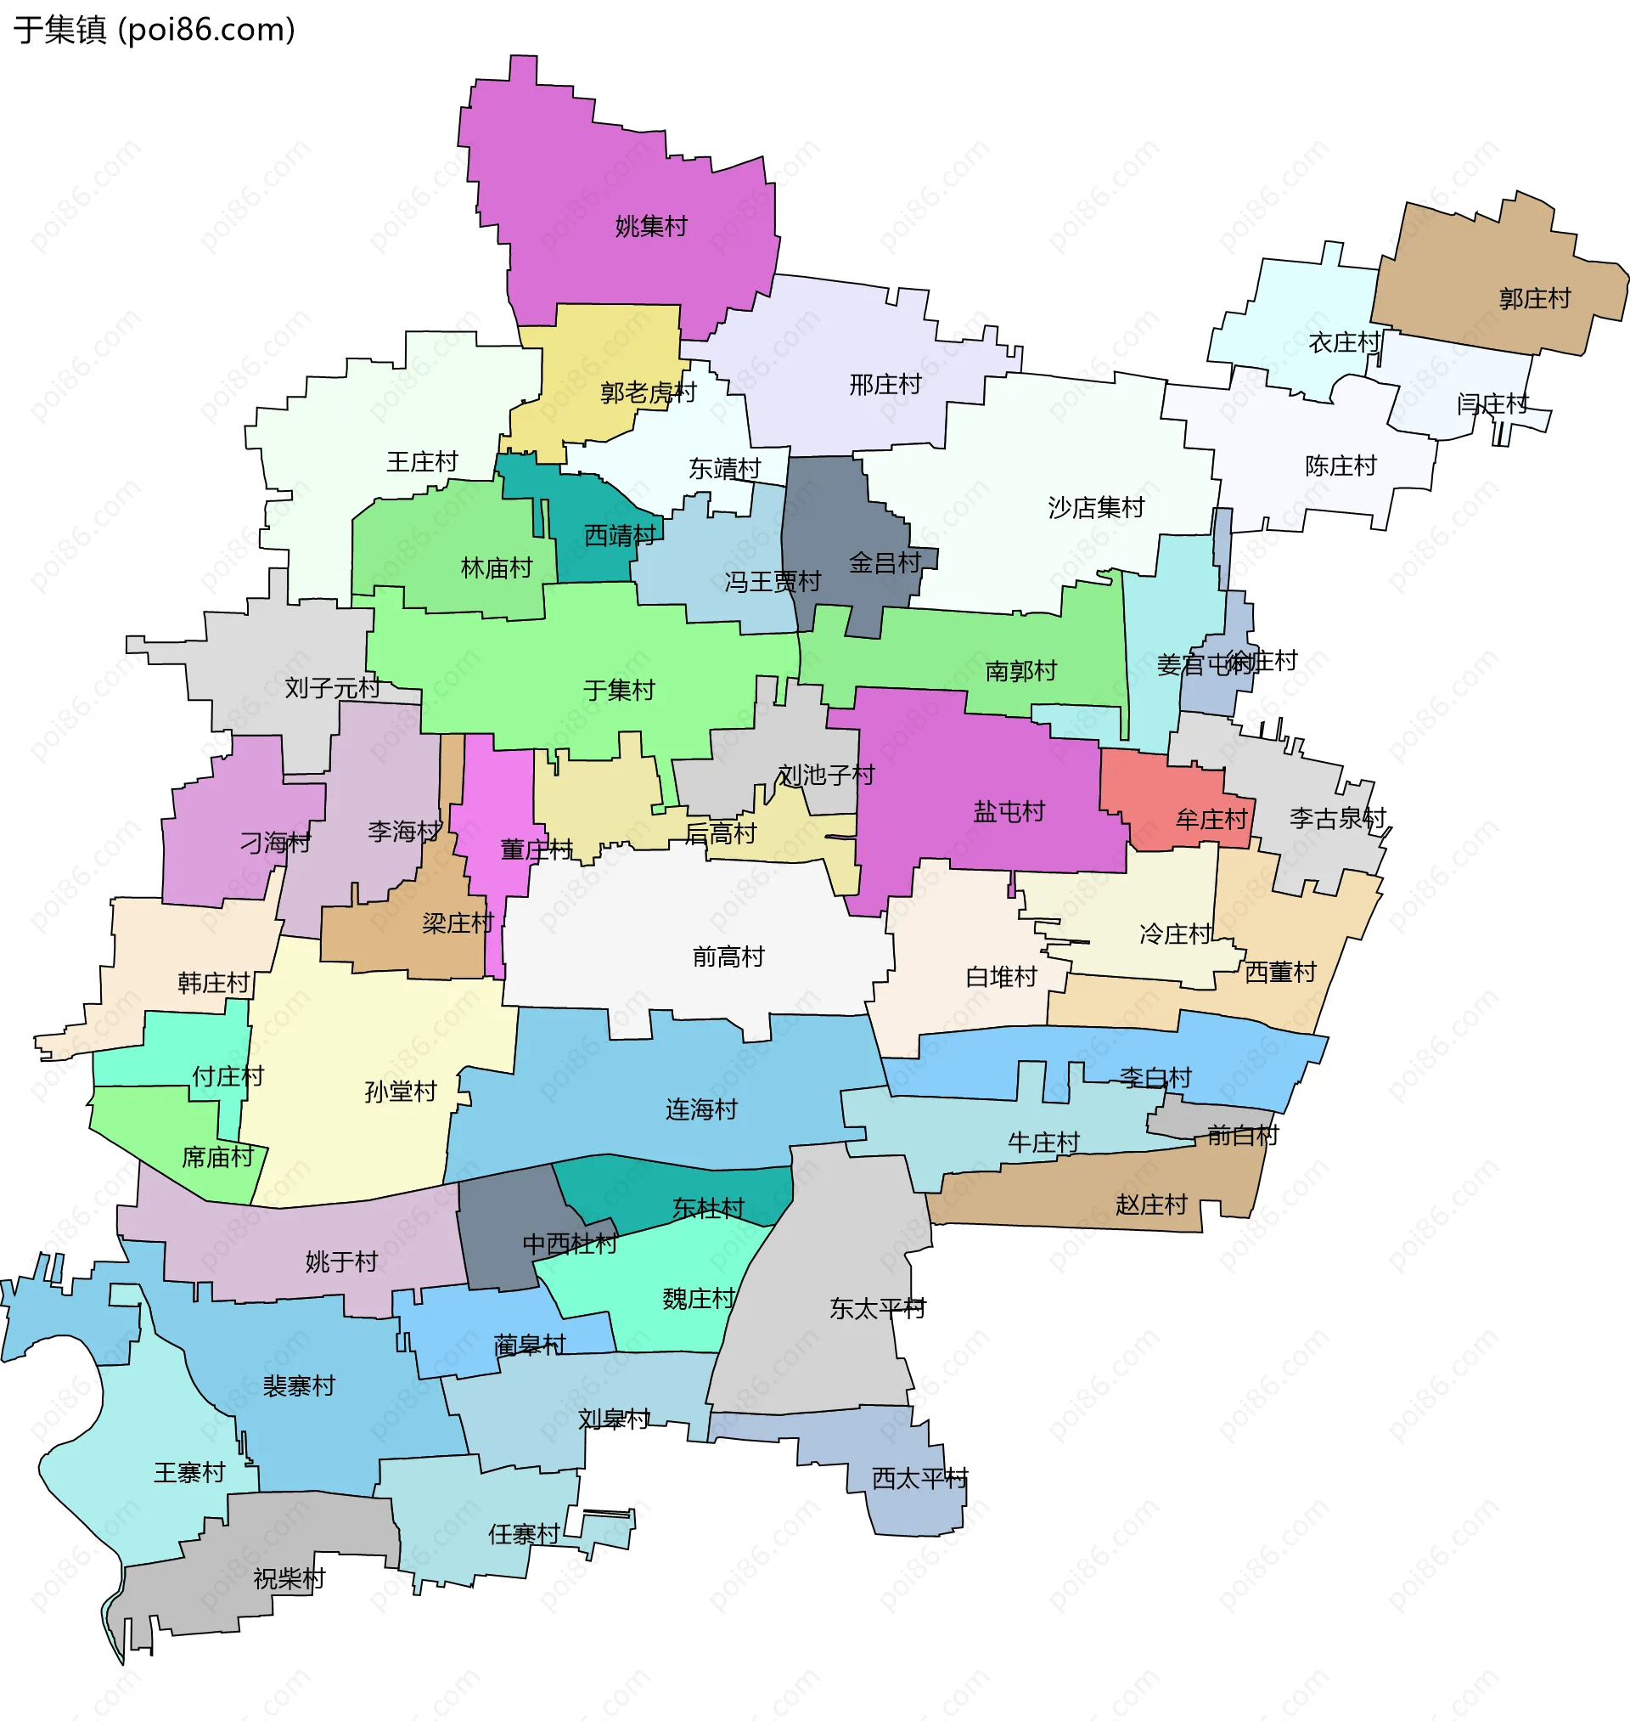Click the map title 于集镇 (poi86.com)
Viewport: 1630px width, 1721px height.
pos(155,30)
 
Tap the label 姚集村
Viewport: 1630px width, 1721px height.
pos(651,227)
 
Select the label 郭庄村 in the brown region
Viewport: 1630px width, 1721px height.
pos(1534,299)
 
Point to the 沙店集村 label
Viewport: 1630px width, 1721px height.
pos(1096,508)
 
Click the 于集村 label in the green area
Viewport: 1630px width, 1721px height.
pos(619,690)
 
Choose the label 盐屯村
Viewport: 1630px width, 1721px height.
pos(1009,812)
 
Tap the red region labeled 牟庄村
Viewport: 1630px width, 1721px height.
pos(1211,819)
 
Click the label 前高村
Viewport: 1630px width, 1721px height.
pos(728,957)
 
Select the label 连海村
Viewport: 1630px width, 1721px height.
pos(701,1110)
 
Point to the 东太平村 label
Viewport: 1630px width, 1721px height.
pos(878,1308)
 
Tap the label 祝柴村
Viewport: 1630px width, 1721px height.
pos(289,1578)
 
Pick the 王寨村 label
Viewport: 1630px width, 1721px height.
pos(189,1472)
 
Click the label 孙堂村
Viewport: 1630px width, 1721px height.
pos(401,1092)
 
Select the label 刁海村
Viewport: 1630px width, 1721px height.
pos(275,843)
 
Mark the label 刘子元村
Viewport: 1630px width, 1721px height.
pos(333,688)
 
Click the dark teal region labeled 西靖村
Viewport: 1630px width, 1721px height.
pos(620,535)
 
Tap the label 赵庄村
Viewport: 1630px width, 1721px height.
pos(1151,1205)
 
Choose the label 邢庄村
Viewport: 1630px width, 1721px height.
pos(885,384)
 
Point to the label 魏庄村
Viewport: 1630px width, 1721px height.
pos(699,1299)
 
